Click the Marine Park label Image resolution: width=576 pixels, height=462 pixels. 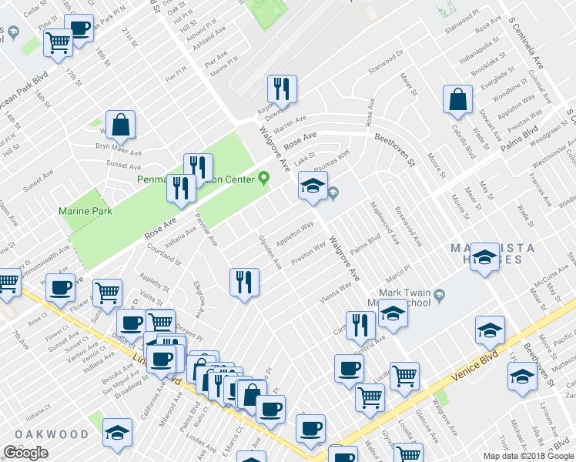pyautogui.click(x=85, y=210)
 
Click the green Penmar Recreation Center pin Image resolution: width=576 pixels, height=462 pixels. pyautogui.click(x=264, y=179)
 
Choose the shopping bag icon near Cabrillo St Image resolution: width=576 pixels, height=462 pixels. pyautogui.click(x=457, y=99)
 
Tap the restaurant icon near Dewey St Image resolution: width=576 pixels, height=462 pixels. pyautogui.click(x=282, y=89)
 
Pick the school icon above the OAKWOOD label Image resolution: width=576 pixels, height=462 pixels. pyautogui.click(x=117, y=432)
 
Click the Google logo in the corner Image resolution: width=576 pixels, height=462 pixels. pyautogui.click(x=25, y=454)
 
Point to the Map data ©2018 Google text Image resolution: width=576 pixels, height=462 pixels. pyautogui.click(x=528, y=456)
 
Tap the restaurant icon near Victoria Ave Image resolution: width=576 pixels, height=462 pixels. pyautogui.click(x=360, y=325)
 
